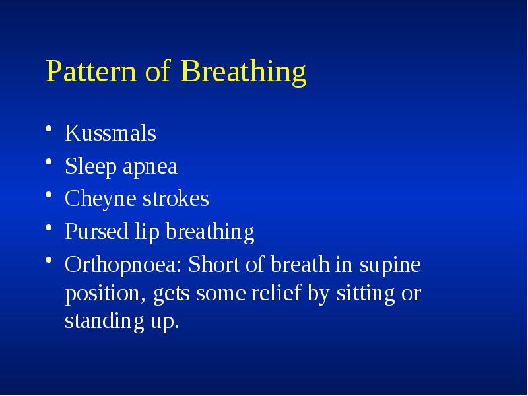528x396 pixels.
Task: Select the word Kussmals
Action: point(110,133)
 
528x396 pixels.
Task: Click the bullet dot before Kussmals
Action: point(50,132)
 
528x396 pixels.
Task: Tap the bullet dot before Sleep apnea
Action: point(50,165)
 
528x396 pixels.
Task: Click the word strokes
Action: point(175,199)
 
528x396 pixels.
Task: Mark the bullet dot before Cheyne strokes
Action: point(50,197)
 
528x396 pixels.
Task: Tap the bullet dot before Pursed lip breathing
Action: point(50,230)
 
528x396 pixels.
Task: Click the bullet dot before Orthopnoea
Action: point(50,263)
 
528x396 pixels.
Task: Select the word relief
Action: point(277,293)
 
